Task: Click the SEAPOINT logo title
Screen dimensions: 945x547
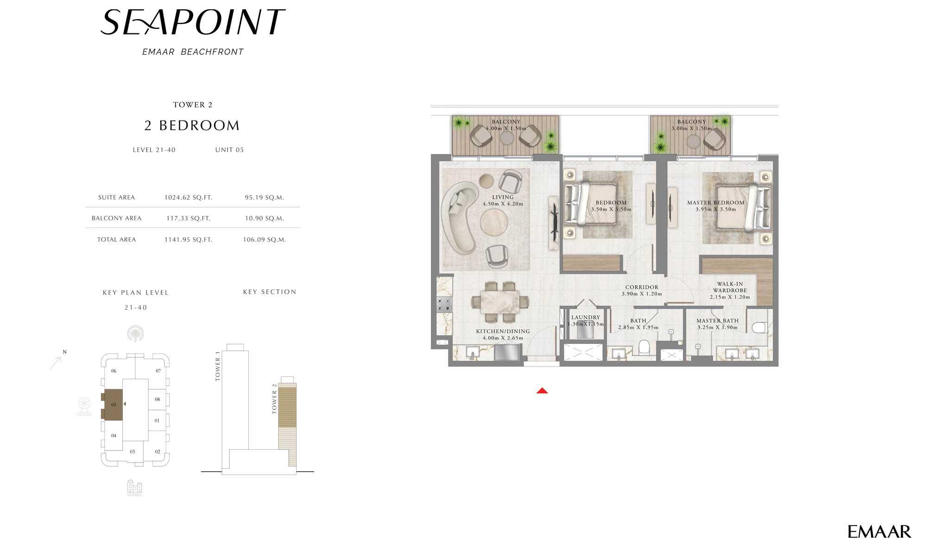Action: pyautogui.click(x=192, y=22)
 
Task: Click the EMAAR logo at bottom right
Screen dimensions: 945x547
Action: pyautogui.click(x=879, y=531)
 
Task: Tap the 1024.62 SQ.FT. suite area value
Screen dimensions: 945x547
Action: pyautogui.click(x=188, y=197)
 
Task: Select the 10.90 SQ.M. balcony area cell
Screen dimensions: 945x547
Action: pyautogui.click(x=264, y=218)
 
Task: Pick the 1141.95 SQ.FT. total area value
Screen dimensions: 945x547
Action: pyautogui.click(x=188, y=240)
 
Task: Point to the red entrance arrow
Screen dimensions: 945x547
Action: pyautogui.click(x=542, y=391)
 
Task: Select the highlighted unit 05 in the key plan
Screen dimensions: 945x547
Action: pyautogui.click(x=113, y=405)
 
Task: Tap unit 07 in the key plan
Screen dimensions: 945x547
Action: pyautogui.click(x=158, y=371)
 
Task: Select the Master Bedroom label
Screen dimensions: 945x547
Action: pyautogui.click(x=716, y=203)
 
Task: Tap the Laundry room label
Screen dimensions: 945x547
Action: pyautogui.click(x=586, y=318)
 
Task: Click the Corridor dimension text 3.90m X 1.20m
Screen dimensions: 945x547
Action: pyautogui.click(x=642, y=294)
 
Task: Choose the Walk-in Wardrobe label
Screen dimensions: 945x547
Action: pyautogui.click(x=730, y=287)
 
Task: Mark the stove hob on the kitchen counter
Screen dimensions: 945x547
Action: pyautogui.click(x=444, y=305)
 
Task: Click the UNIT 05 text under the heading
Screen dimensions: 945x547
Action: pyautogui.click(x=229, y=150)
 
